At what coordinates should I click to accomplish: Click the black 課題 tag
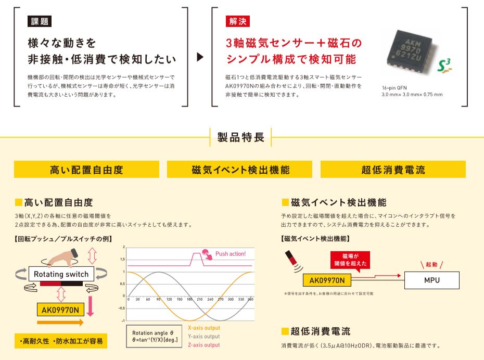pos(39,21)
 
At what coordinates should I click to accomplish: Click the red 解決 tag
pos(238,21)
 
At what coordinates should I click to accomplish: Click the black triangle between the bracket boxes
pos(200,57)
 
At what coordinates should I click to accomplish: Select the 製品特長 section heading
pos(240,137)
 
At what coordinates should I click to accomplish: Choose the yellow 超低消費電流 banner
pos(393,170)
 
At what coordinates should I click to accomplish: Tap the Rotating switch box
pos(61,274)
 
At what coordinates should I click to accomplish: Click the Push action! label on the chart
pos(230,253)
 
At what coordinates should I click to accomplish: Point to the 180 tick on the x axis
pos(190,300)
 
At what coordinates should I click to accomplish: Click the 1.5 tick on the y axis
pos(123,259)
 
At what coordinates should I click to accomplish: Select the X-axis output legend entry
pos(204,328)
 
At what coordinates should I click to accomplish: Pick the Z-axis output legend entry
pos(204,344)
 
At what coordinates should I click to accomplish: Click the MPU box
pos(431,280)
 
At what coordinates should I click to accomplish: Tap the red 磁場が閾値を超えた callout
pos(349,260)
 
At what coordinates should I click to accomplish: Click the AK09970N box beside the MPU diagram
pos(327,280)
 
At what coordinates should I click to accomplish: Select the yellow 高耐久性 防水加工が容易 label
pos(60,341)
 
